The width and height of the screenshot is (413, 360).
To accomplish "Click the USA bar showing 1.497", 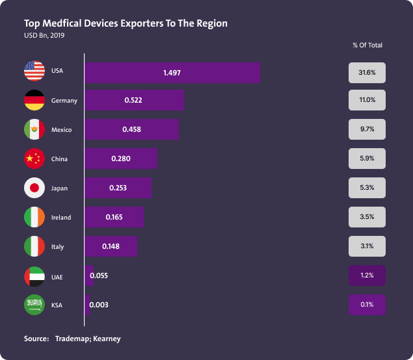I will (x=172, y=73).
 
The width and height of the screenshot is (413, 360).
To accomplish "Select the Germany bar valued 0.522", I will (x=134, y=100).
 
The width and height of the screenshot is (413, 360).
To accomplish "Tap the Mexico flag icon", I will (x=34, y=129).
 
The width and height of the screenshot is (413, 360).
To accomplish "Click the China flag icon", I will (x=34, y=159).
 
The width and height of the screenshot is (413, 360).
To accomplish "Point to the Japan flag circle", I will (x=34, y=188).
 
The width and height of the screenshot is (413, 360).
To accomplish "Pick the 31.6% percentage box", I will (x=367, y=73).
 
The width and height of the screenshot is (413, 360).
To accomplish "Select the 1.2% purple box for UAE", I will (x=367, y=276).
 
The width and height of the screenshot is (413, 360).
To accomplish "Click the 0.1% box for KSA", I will (x=367, y=305).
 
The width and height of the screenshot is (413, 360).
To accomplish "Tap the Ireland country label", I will (x=61, y=218).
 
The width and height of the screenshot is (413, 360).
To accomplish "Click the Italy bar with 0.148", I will (x=111, y=246).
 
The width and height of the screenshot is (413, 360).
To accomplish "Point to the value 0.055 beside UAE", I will (x=99, y=276).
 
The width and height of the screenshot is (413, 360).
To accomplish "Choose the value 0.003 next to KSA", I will (x=99, y=305).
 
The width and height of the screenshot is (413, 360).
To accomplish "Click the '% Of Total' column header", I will (x=367, y=45).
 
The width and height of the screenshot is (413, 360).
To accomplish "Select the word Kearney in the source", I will (x=107, y=339).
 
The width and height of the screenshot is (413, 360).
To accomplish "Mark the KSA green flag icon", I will (x=34, y=305).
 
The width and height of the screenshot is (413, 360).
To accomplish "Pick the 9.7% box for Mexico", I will (x=367, y=129).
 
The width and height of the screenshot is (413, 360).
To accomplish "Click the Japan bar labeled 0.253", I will (x=118, y=188).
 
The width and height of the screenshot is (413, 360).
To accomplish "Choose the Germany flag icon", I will (x=34, y=100).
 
